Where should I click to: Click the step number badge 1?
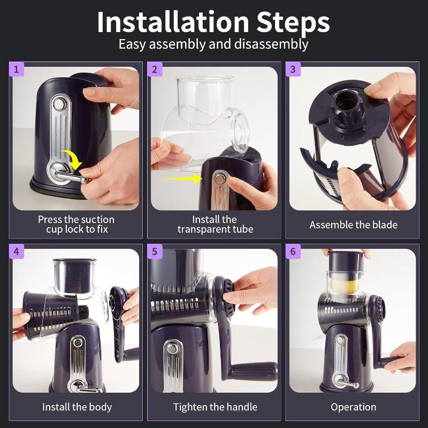tap(16, 69)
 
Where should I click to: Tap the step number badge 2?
tap(155, 69)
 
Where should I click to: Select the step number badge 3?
tap(293, 69)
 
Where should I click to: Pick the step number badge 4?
tap(16, 251)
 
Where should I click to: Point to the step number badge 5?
tap(155, 251)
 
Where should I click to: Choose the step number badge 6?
tap(293, 251)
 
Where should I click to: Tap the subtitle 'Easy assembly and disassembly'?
tap(213, 44)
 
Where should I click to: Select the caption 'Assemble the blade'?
tap(353, 225)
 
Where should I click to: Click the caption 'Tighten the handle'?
tap(215, 407)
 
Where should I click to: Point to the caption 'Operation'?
tap(353, 407)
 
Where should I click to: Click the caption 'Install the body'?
tap(77, 407)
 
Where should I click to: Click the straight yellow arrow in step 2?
tap(181, 178)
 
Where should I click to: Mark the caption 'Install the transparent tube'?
tap(215, 224)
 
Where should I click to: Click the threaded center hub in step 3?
tap(343, 101)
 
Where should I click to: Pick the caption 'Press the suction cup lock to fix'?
tap(76, 224)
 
